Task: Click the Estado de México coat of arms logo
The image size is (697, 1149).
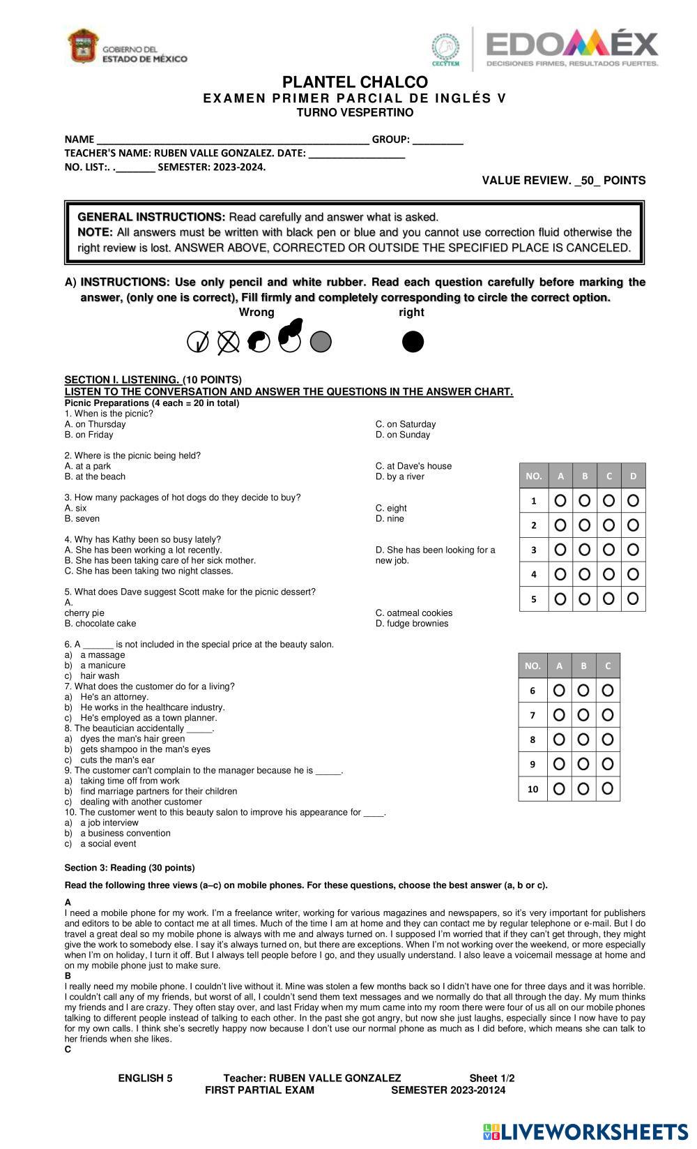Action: click(83, 47)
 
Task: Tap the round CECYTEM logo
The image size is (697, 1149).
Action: click(445, 48)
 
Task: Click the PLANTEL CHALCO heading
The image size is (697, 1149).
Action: click(355, 82)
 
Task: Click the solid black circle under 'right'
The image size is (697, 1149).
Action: click(413, 342)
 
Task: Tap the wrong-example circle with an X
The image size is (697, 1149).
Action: click(228, 342)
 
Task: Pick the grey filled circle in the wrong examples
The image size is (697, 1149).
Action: click(321, 342)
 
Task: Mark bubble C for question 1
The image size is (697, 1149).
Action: click(608, 500)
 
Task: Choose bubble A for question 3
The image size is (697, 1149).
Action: click(560, 550)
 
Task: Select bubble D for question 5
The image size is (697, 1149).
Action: click(633, 599)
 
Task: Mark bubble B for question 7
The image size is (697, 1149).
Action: click(583, 715)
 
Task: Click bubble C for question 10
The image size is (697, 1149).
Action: click(608, 788)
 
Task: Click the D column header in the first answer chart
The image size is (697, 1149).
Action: click(633, 476)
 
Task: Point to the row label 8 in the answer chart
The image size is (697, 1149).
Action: click(533, 739)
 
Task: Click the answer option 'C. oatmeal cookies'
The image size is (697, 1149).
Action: click(413, 613)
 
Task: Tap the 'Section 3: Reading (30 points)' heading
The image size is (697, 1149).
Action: click(130, 868)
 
